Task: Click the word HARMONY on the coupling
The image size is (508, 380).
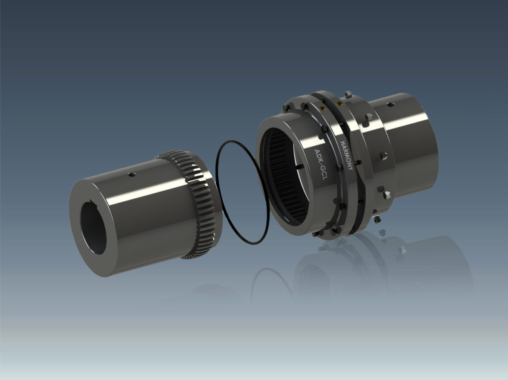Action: (x=347, y=156)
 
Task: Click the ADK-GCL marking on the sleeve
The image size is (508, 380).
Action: (x=321, y=165)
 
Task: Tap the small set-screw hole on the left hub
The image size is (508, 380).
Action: (x=131, y=175)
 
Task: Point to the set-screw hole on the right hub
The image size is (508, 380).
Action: (x=391, y=104)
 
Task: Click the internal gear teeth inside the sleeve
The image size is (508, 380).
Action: (x=285, y=177)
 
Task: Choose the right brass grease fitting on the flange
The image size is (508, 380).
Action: (x=339, y=104)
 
